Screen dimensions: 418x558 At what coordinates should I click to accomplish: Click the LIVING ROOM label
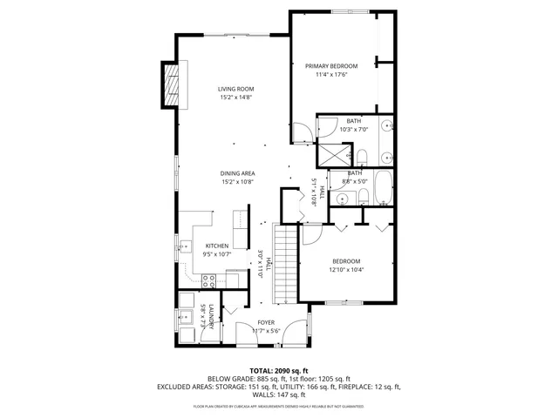[235, 89]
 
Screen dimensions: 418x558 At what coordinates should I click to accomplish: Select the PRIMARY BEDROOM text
[330, 65]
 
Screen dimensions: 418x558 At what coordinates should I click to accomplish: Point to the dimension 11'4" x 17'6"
[330, 75]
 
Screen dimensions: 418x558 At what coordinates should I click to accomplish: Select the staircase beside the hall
[285, 262]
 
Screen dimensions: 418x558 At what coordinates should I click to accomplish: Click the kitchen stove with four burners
[210, 280]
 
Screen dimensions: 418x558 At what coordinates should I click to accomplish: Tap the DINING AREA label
[237, 173]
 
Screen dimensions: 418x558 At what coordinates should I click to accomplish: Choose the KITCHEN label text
[216, 246]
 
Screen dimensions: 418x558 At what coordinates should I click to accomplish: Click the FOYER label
[265, 322]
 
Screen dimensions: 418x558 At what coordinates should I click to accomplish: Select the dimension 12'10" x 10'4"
[347, 270]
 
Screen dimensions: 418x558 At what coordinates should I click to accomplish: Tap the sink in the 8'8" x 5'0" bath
[342, 198]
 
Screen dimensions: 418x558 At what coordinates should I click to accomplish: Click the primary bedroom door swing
[301, 131]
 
